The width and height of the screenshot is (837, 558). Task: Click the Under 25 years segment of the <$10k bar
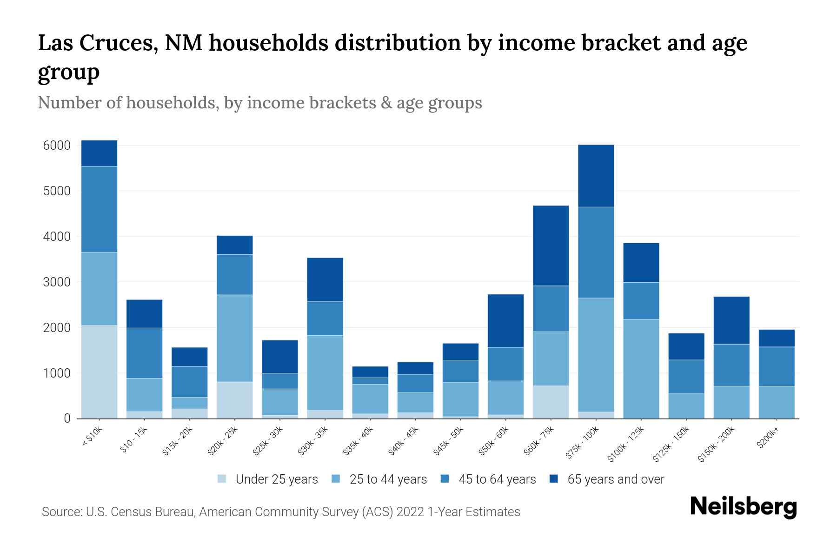pyautogui.click(x=99, y=372)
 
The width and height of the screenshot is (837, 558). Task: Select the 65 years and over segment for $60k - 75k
pyautogui.click(x=551, y=246)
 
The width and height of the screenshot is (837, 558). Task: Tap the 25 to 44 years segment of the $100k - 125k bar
pyautogui.click(x=641, y=369)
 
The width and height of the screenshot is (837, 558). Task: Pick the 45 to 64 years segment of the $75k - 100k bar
pyautogui.click(x=596, y=252)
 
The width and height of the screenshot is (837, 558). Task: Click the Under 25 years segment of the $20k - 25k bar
pyautogui.click(x=235, y=400)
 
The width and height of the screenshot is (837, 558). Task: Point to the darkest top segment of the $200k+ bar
pyautogui.click(x=777, y=338)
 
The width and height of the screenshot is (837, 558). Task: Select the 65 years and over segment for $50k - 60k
pyautogui.click(x=505, y=320)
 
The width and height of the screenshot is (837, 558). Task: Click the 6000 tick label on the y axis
pyautogui.click(x=57, y=146)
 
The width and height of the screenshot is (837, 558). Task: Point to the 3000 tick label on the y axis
pyautogui.click(x=57, y=282)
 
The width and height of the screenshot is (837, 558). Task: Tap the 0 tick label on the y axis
pyautogui.click(x=67, y=418)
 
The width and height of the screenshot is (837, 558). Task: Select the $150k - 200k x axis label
pyautogui.click(x=717, y=444)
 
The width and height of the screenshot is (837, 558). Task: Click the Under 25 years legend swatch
pyautogui.click(x=222, y=479)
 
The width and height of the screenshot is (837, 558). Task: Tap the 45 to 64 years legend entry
pyautogui.click(x=497, y=479)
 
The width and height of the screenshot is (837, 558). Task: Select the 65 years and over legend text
pyautogui.click(x=616, y=479)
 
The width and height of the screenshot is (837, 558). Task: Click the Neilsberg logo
pyautogui.click(x=743, y=507)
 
